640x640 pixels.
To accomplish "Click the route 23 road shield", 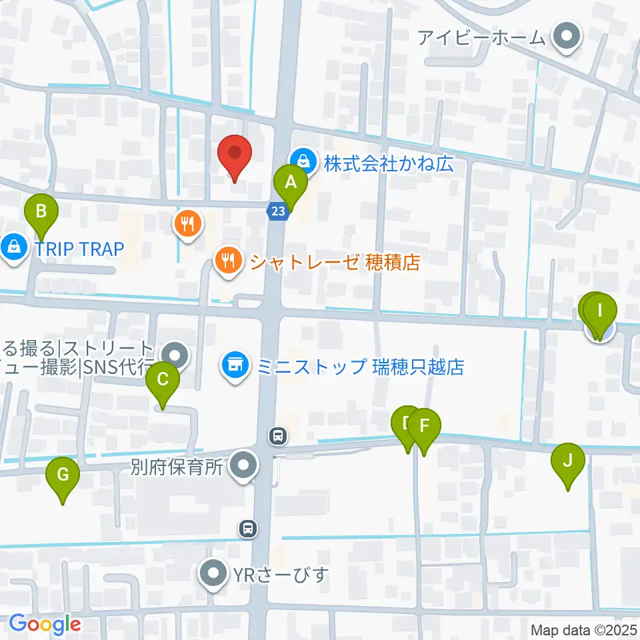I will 278,211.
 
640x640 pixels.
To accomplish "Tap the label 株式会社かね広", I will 389,163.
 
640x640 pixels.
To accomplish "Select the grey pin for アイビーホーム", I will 567,37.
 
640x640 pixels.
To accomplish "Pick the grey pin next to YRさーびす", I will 214,574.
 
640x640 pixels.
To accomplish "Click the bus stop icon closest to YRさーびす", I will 248,529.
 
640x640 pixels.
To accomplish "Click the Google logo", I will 45,624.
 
